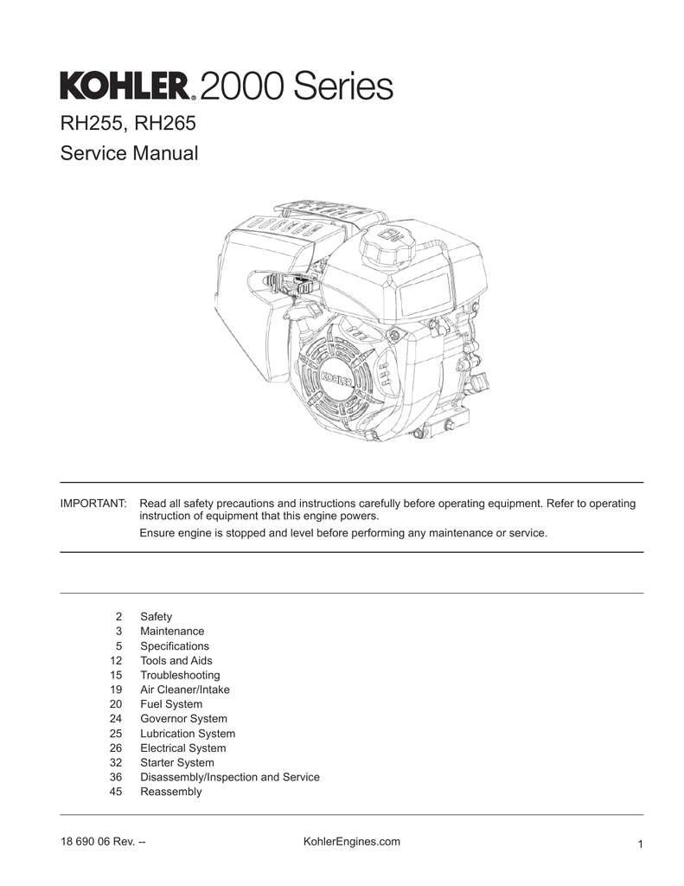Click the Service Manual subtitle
(129, 154)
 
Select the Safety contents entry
(156, 617)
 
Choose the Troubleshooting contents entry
(180, 675)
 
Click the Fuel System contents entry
(171, 704)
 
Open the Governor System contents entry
(183, 719)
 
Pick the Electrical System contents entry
(182, 748)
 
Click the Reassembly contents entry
(170, 792)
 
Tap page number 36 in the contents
(116, 777)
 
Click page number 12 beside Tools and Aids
(116, 661)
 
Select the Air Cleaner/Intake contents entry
(185, 690)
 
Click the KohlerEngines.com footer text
(352, 842)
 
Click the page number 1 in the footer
(639, 845)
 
